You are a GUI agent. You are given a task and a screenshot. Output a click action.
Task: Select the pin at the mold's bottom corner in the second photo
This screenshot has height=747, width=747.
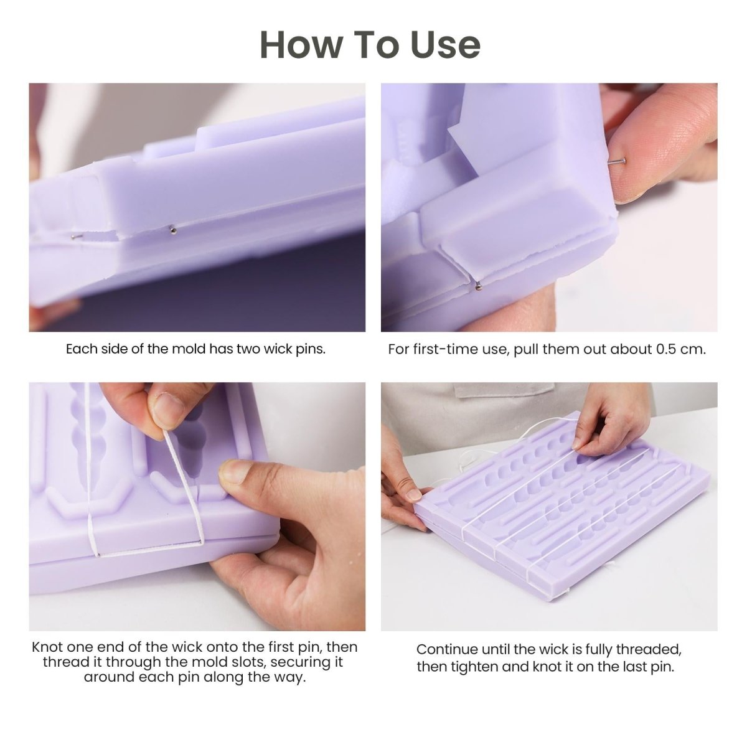pos(477,286)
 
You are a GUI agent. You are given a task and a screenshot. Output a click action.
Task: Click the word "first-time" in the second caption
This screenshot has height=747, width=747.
pos(444,349)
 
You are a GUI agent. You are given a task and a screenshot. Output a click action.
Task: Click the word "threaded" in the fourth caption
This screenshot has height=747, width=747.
pos(649,650)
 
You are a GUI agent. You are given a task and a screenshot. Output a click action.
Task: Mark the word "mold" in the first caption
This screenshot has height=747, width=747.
pos(188,349)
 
